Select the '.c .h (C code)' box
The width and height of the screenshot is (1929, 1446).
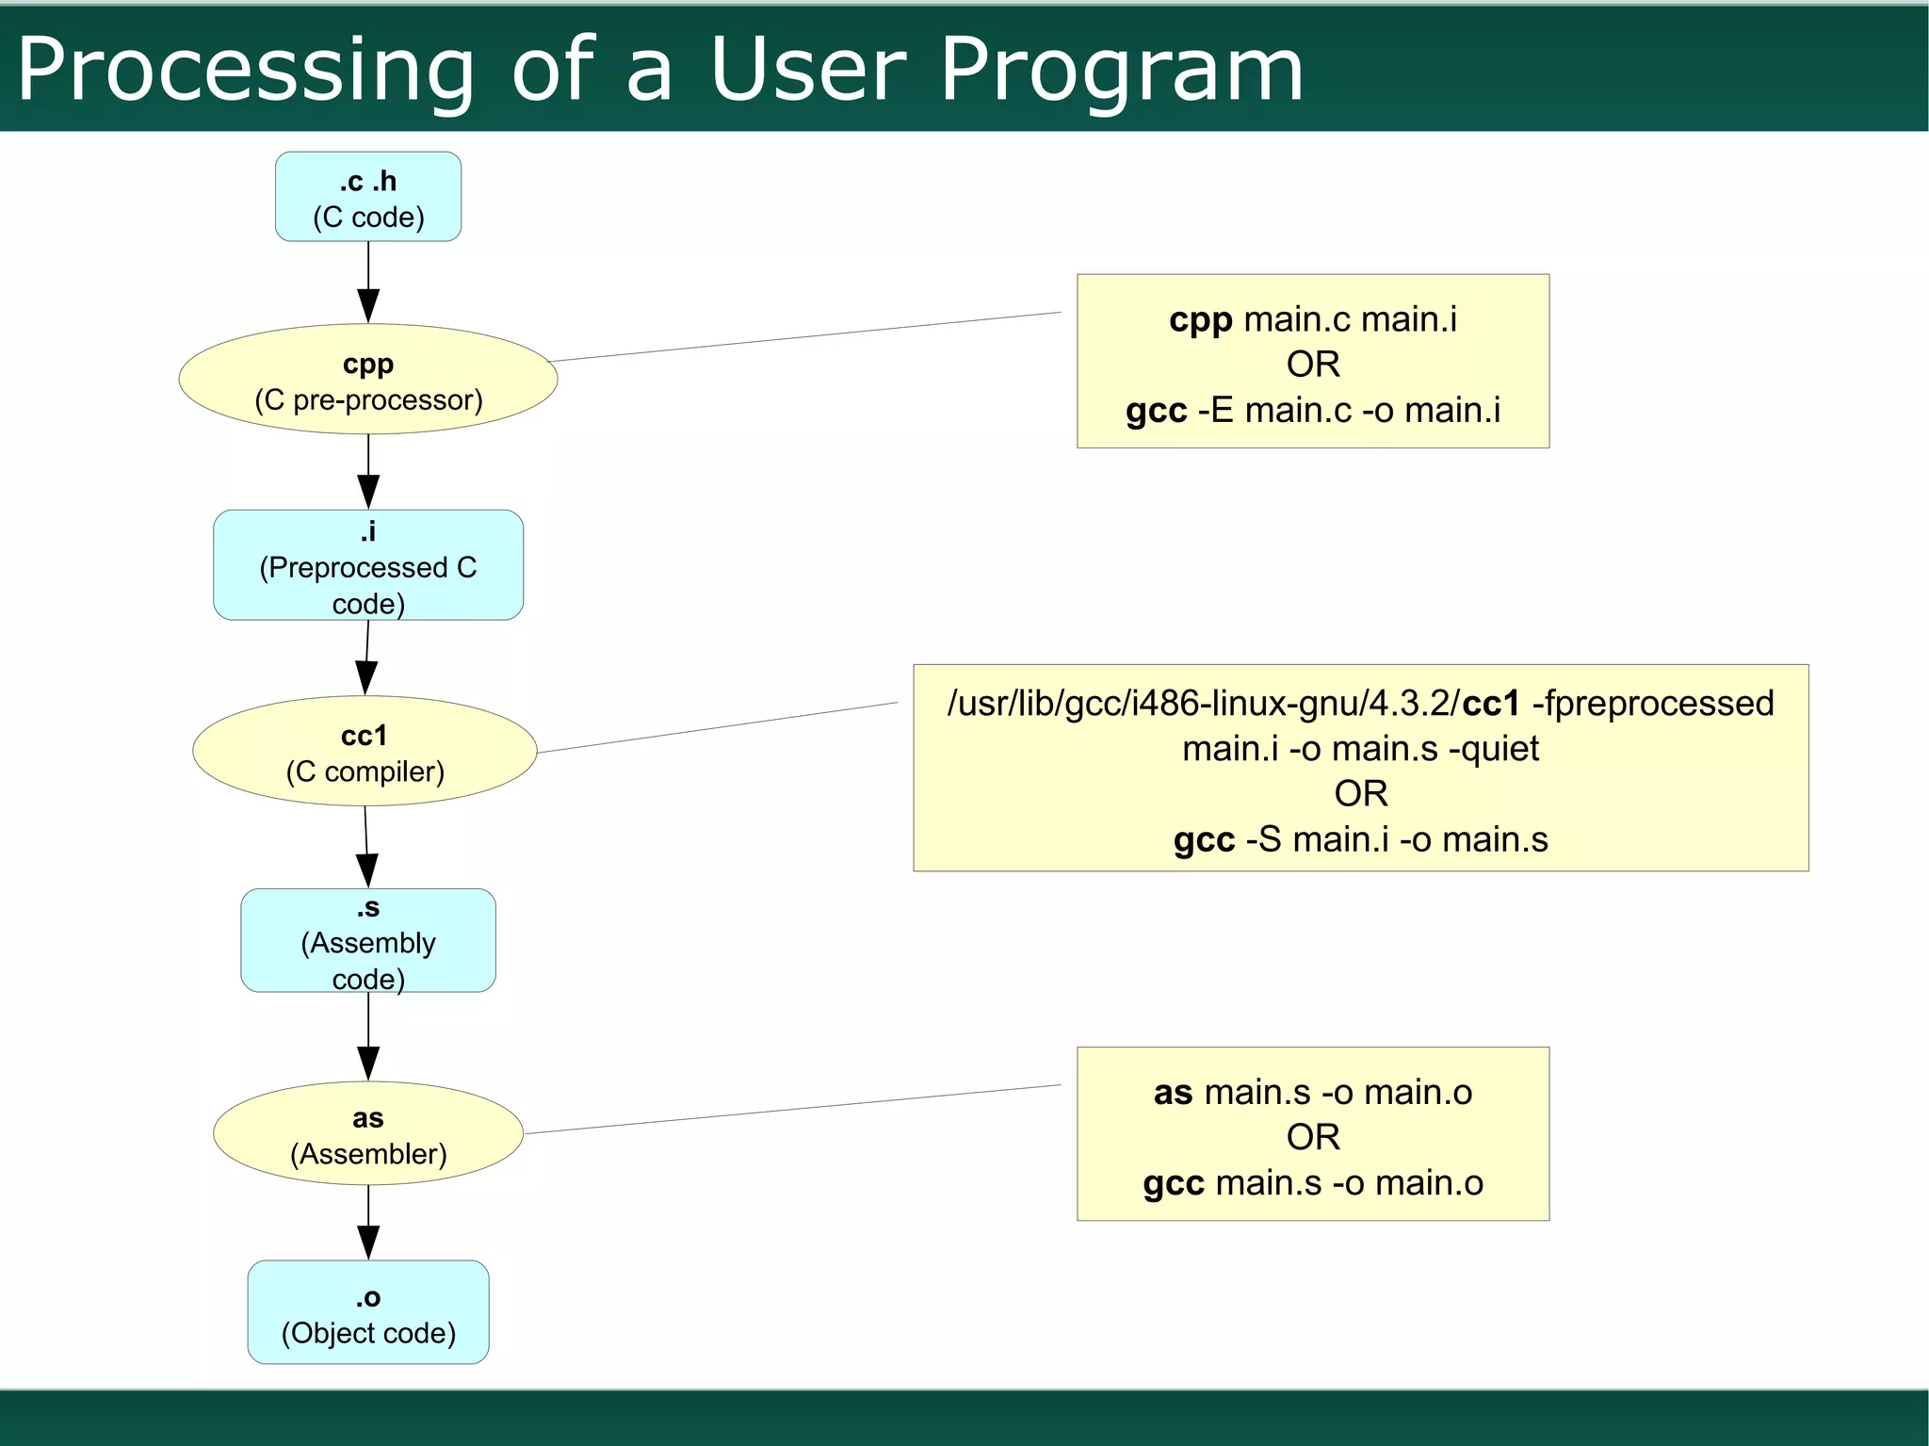[x=368, y=197]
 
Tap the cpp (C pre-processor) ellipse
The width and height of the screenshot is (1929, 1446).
[x=368, y=380]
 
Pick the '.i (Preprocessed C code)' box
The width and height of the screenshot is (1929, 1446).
[x=368, y=565]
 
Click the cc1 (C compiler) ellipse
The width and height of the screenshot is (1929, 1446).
[x=365, y=751]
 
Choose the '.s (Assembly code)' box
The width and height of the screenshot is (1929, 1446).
[x=368, y=940]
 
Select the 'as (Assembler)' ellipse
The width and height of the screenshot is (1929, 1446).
[x=368, y=1134]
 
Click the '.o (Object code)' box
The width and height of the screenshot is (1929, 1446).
[x=368, y=1312]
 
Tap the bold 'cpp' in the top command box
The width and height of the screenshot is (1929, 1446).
[x=1200, y=320]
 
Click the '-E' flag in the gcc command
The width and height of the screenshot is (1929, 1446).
[x=1214, y=411]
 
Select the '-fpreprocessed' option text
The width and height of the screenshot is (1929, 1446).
[x=1653, y=704]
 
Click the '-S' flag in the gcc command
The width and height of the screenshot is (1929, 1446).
[x=1263, y=839]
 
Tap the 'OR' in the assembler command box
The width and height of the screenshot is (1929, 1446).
[x=1312, y=1137]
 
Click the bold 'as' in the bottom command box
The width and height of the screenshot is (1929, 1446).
[x=1173, y=1093]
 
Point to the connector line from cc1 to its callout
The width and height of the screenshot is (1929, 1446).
[x=716, y=727]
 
